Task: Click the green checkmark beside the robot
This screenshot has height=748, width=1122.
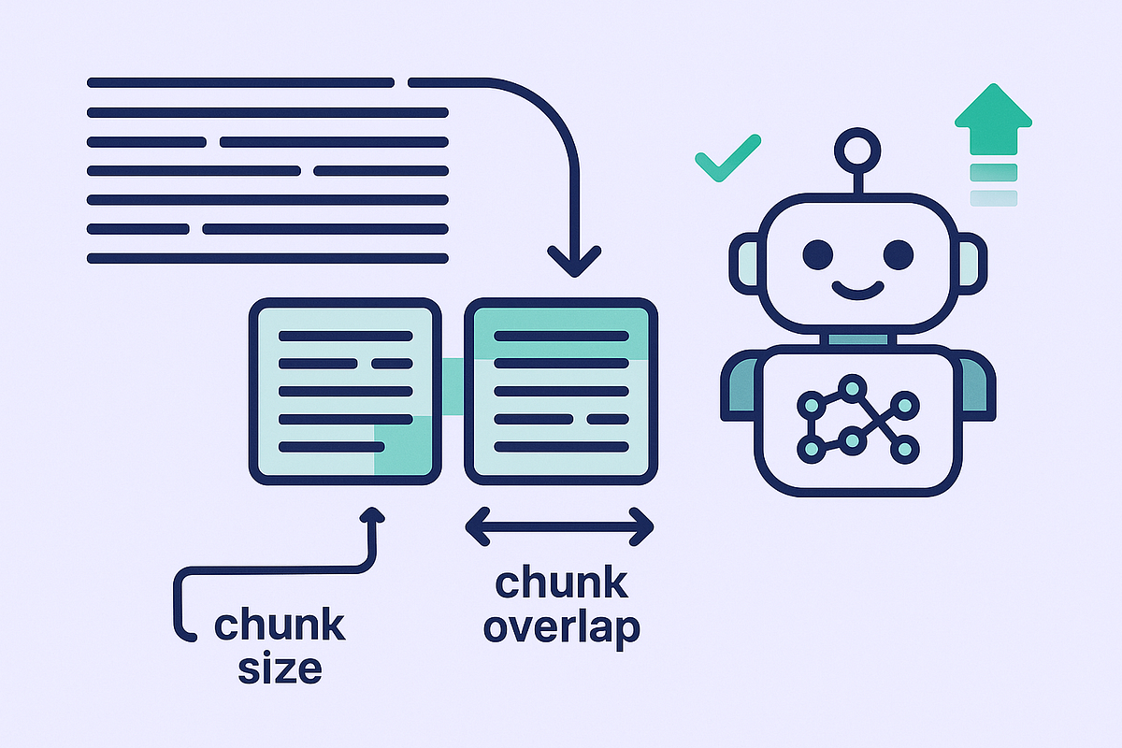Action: pyautogui.click(x=726, y=157)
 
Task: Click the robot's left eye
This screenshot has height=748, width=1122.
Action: pyautogui.click(x=816, y=252)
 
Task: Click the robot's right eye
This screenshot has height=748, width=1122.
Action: pyautogui.click(x=898, y=252)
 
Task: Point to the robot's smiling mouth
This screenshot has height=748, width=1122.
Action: pyautogui.click(x=856, y=288)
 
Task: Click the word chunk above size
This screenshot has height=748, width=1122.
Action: pyautogui.click(x=280, y=625)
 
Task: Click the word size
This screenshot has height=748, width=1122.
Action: pyautogui.click(x=280, y=668)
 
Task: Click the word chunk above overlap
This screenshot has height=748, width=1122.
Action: pyautogui.click(x=561, y=583)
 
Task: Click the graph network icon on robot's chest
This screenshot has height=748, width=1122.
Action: pyautogui.click(x=856, y=420)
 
